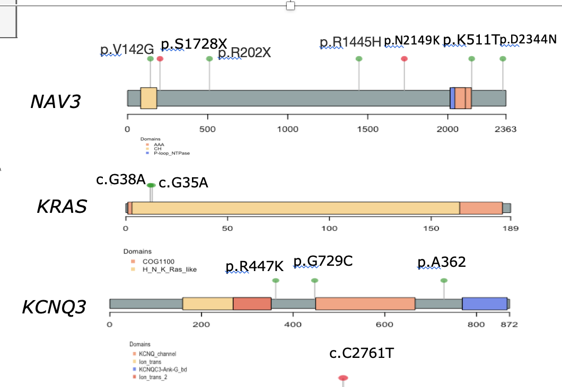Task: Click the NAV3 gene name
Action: coord(55,101)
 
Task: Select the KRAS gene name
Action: coord(62,206)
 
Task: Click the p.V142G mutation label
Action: coord(127,50)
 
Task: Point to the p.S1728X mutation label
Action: coord(194,43)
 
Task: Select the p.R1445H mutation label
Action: coord(350,42)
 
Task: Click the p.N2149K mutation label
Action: coord(412,41)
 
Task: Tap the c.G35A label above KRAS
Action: coord(183,183)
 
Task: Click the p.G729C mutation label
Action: coord(323,261)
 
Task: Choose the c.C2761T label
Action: coord(362,353)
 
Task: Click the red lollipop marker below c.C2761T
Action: coord(343,378)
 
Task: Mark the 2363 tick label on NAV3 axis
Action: coord(505,129)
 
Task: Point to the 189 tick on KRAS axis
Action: coord(510,229)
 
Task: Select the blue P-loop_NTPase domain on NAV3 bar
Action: coord(452,98)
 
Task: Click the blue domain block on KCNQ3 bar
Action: coord(484,303)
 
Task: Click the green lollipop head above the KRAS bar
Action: coord(151,185)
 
